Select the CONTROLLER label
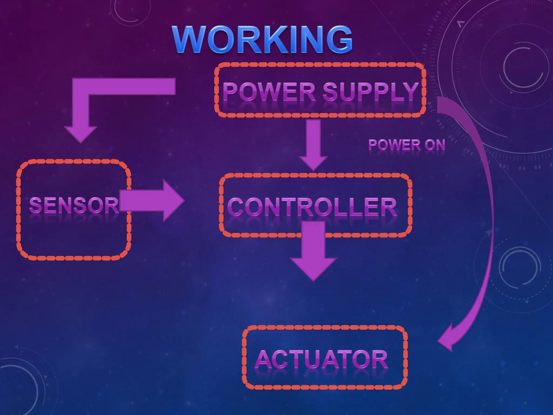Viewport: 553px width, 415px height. coord(312,207)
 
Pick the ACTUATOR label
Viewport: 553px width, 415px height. coord(321,359)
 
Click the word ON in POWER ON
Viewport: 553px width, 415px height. coord(435,145)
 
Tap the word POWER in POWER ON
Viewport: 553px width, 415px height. coord(394,145)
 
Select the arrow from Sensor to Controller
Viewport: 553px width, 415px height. coord(151,201)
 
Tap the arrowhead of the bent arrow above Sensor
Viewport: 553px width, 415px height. coord(80,134)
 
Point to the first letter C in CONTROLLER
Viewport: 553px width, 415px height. coord(237,207)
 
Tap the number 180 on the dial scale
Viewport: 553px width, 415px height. coord(425,49)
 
